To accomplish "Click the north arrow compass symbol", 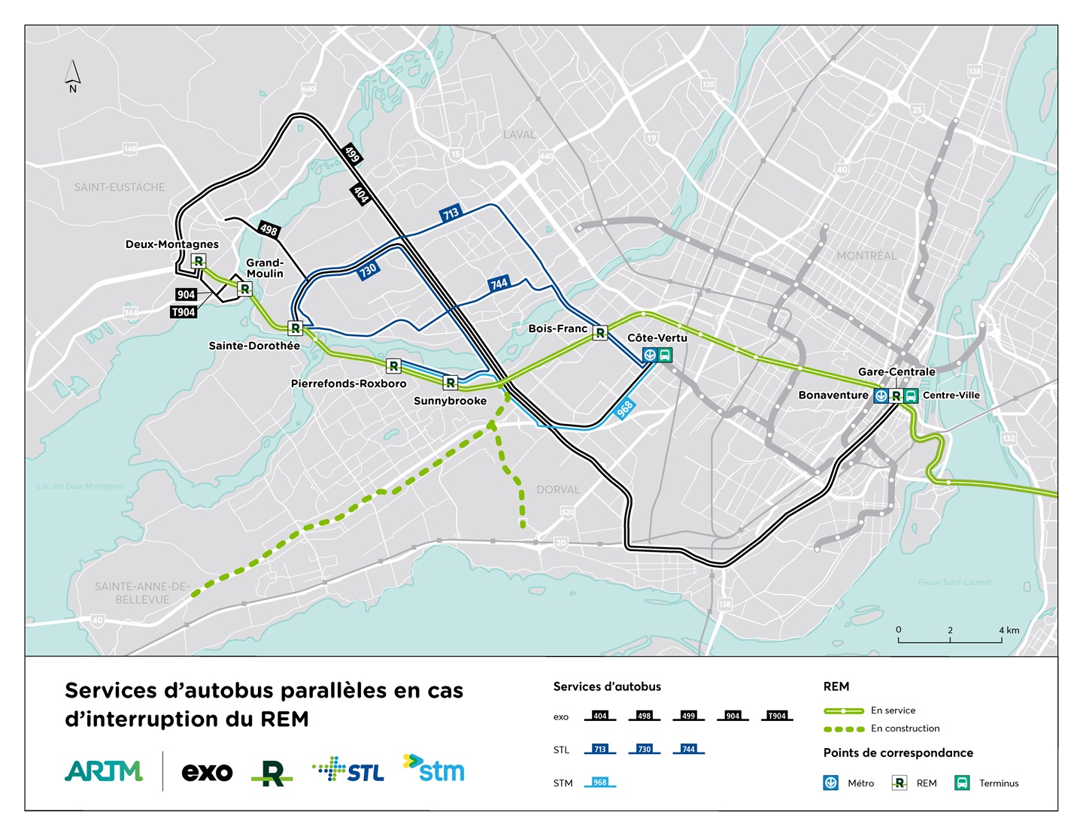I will pyautogui.click(x=72, y=75).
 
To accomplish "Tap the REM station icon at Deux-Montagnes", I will pyautogui.click(x=199, y=261).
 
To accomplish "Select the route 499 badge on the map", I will pyautogui.click(x=352, y=153).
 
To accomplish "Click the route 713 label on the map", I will pyautogui.click(x=450, y=214).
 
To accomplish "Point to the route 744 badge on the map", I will pyautogui.click(x=499, y=283).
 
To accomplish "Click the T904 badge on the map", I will pyautogui.click(x=184, y=312).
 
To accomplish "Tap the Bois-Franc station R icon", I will pyautogui.click(x=600, y=332).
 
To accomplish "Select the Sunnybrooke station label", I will pyautogui.click(x=450, y=401).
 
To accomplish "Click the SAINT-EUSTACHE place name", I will pyautogui.click(x=119, y=187).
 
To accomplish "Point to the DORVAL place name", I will pyautogui.click(x=558, y=489).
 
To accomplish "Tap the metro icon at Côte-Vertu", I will pyautogui.click(x=650, y=355).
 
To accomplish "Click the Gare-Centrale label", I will pyautogui.click(x=896, y=371).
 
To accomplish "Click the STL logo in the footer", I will pyautogui.click(x=348, y=771).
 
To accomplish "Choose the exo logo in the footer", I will pyautogui.click(x=207, y=772).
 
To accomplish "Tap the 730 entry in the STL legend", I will pyautogui.click(x=645, y=749).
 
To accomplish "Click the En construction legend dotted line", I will pyautogui.click(x=844, y=728).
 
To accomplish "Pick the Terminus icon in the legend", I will pyautogui.click(x=962, y=783).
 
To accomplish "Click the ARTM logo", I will pyautogui.click(x=104, y=771).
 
